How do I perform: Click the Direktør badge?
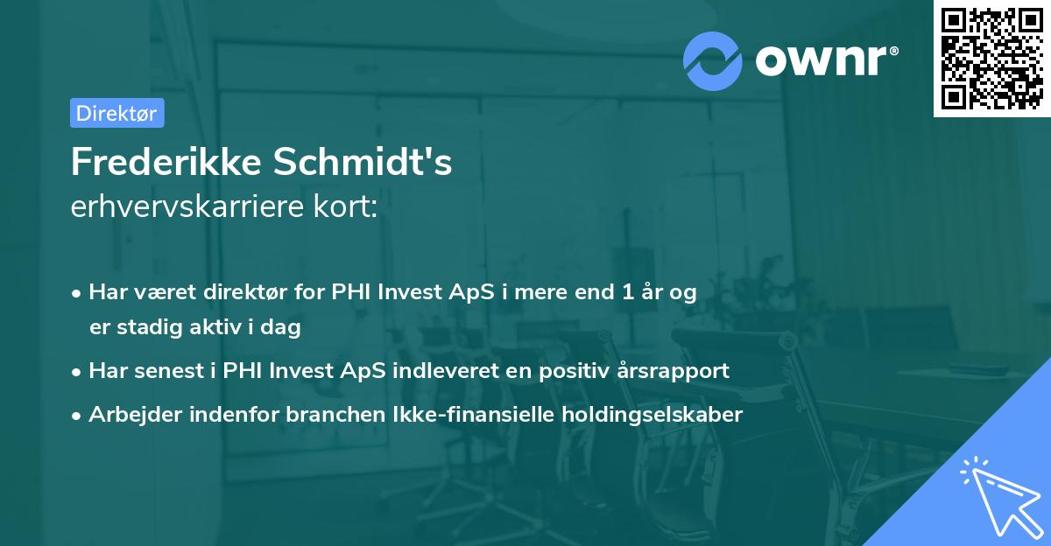tap(116, 113)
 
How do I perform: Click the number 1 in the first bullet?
tap(628, 292)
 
